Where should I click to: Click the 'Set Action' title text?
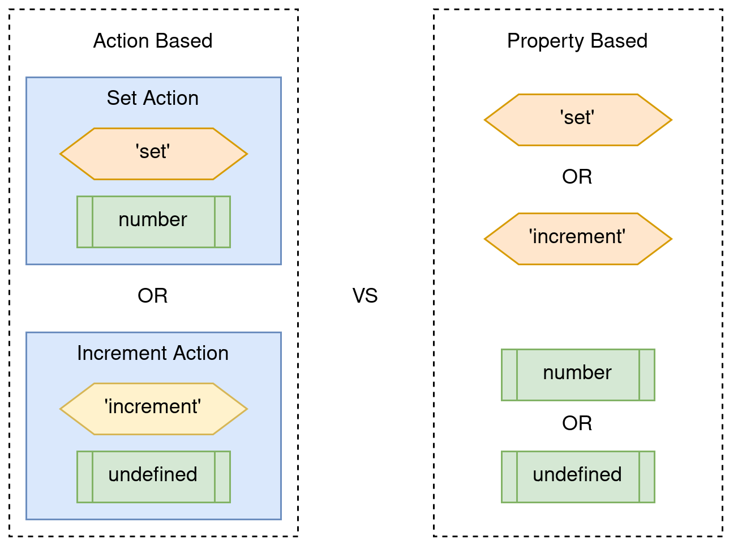tap(153, 98)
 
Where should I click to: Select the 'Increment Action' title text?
tap(153, 353)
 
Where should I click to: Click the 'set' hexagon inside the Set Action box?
tap(153, 154)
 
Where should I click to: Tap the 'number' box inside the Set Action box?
tap(153, 222)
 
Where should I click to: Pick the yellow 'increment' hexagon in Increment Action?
tap(153, 409)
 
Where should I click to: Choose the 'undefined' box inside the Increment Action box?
tap(153, 477)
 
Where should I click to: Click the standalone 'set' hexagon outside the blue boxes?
tap(578, 120)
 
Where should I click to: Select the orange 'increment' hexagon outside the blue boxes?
tap(578, 239)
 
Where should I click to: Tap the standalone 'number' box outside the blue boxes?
tap(578, 375)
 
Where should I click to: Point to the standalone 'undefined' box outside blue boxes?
tap(578, 477)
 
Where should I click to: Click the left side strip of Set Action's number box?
tap(85, 222)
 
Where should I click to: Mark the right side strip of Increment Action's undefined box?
tap(222, 477)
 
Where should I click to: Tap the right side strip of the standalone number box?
tap(647, 375)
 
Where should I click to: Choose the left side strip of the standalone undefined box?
tap(509, 477)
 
